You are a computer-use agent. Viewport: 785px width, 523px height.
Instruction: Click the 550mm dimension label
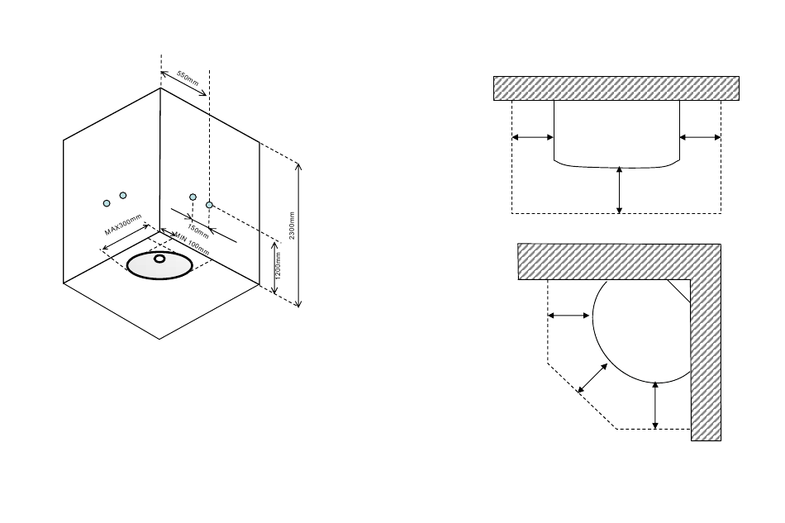coord(188,78)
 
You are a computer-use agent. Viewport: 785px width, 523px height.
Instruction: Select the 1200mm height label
coord(278,265)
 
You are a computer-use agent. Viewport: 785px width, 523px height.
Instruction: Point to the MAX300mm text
coord(123,225)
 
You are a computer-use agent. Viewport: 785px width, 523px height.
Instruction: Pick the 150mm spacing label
coord(197,229)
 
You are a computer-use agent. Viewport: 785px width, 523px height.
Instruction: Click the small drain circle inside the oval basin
coord(159,259)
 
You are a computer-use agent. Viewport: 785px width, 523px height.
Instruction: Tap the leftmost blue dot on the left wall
coord(107,203)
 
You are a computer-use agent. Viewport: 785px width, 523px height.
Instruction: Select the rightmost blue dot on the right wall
coord(210,204)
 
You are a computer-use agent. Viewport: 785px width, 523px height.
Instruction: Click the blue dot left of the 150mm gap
coord(193,197)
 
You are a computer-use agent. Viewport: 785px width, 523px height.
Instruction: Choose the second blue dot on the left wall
coord(123,195)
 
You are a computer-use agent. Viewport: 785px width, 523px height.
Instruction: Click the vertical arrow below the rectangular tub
coord(620,190)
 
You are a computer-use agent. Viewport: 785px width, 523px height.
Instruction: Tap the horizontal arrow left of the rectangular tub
coord(533,137)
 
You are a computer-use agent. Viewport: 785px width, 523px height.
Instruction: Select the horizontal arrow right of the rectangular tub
coord(700,137)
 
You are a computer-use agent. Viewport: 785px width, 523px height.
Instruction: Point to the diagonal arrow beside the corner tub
coord(592,378)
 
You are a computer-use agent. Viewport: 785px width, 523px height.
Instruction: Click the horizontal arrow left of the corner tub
coord(570,316)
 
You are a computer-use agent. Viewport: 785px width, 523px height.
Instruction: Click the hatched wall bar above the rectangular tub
coord(616,88)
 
